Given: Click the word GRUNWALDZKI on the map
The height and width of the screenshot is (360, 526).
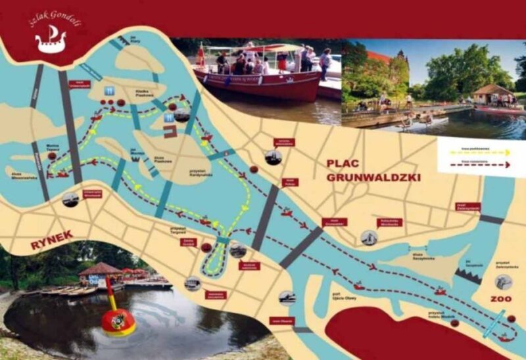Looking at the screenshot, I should [373, 177].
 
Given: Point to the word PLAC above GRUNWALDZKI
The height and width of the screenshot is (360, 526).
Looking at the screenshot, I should [346, 164].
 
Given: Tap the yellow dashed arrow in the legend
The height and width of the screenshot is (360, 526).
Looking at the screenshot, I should [475, 151].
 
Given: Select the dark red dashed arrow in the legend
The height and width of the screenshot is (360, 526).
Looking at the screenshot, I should [475, 165].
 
